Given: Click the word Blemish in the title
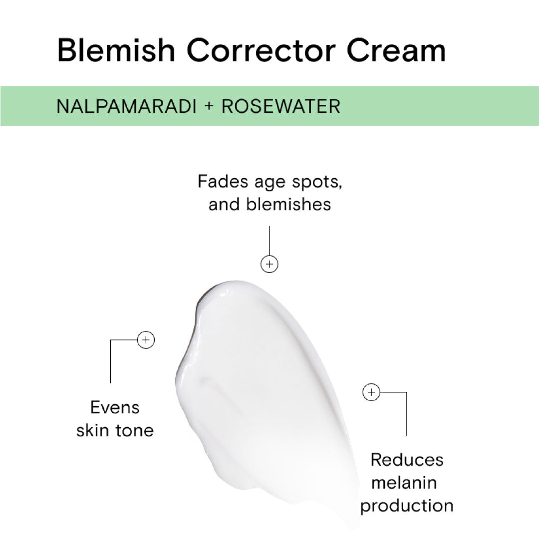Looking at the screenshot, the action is coord(116,50).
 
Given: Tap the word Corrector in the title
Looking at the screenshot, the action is coord(261,50).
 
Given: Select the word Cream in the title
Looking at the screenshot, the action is coord(396,50).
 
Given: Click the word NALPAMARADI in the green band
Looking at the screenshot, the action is coord(126,106).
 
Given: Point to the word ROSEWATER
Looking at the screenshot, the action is coord(281,106).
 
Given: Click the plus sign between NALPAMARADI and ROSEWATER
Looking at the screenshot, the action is coord(209,106).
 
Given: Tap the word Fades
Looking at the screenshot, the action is coord(223,181).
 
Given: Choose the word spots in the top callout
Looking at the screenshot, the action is coord(317,183).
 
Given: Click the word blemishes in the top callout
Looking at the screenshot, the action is coord(288,204).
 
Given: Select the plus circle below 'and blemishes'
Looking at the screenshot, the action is coord(269,264).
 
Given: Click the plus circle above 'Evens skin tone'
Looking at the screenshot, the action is coord(146,340).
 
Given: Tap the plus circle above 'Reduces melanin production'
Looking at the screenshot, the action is coord(371,392).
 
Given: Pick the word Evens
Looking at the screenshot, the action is coord(115,408).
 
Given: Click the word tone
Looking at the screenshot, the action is coord(134,430).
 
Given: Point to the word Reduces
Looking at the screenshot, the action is coord(407,460).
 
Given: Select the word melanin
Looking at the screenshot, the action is coord(404,483).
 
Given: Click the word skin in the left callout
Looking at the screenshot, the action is coord(92,430).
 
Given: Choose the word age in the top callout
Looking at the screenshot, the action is coord(270,183).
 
